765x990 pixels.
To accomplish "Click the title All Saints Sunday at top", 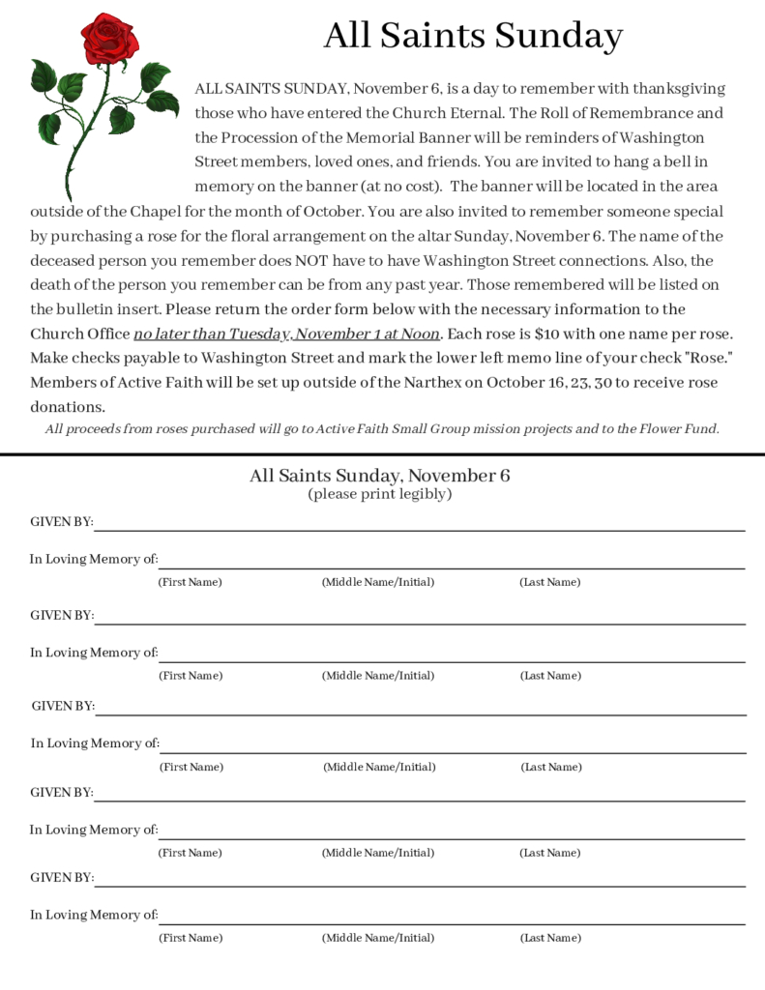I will tap(473, 36).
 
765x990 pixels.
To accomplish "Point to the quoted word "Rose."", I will tap(709, 358).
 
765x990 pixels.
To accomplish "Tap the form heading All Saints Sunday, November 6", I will tap(380, 475).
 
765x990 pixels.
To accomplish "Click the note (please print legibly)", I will tap(380, 494).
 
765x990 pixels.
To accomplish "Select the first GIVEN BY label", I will tap(62, 522).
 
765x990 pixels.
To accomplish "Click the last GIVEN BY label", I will tap(62, 878).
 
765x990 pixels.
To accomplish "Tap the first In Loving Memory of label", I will tap(94, 559).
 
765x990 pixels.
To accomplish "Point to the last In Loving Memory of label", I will tap(94, 915).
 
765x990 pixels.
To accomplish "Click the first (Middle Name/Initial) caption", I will tap(378, 582).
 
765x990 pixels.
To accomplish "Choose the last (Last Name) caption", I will tap(550, 938).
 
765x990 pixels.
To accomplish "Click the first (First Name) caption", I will tap(190, 582).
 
